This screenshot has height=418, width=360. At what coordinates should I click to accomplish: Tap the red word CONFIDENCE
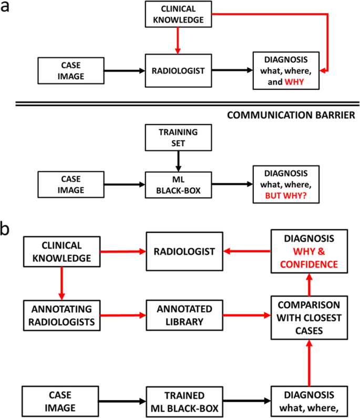click(x=309, y=264)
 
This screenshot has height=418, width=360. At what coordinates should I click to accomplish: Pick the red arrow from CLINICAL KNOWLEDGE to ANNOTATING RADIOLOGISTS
click(x=62, y=283)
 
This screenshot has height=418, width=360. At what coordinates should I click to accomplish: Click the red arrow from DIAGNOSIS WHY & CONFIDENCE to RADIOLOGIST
click(x=242, y=252)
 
